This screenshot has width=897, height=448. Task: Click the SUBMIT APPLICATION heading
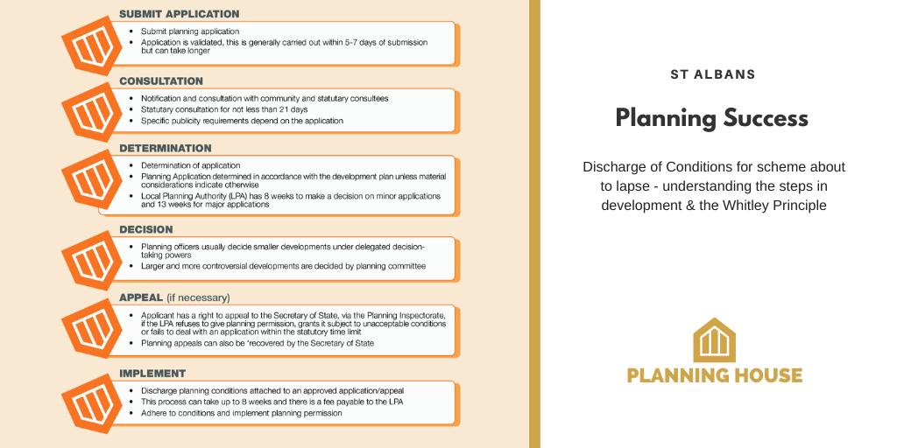(179, 14)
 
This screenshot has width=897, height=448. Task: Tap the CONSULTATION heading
(161, 81)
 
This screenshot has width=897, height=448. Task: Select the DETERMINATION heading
(166, 149)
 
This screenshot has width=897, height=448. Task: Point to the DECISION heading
(146, 230)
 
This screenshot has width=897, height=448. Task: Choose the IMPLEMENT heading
(152, 374)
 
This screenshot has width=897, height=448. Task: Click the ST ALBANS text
(712, 74)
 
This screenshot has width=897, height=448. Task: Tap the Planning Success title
(712, 118)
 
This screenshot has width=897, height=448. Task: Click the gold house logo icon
(714, 340)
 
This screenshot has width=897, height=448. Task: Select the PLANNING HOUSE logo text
(714, 376)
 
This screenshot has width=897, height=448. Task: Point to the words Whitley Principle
(777, 206)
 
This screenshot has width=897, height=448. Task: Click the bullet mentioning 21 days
(224, 109)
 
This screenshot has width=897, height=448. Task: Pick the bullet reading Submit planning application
(189, 31)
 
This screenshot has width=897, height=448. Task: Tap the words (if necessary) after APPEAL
(204, 297)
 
